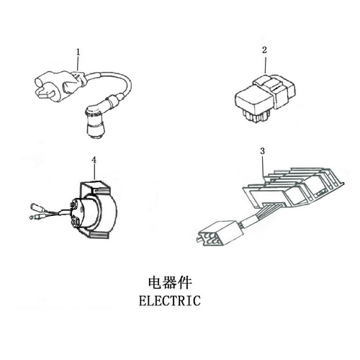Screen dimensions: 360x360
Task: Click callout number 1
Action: point(78,52)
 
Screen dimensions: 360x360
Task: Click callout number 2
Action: point(264,50)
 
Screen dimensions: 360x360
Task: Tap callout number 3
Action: point(263,151)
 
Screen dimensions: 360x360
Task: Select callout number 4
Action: point(94,160)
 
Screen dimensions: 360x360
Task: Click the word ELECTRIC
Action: point(170,300)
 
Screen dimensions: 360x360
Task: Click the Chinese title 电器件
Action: point(170,283)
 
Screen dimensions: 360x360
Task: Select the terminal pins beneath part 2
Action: point(255,116)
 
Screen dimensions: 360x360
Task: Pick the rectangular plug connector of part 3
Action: point(220,233)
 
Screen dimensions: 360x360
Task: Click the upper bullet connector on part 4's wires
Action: point(36,207)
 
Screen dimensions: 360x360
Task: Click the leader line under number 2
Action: point(266,63)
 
